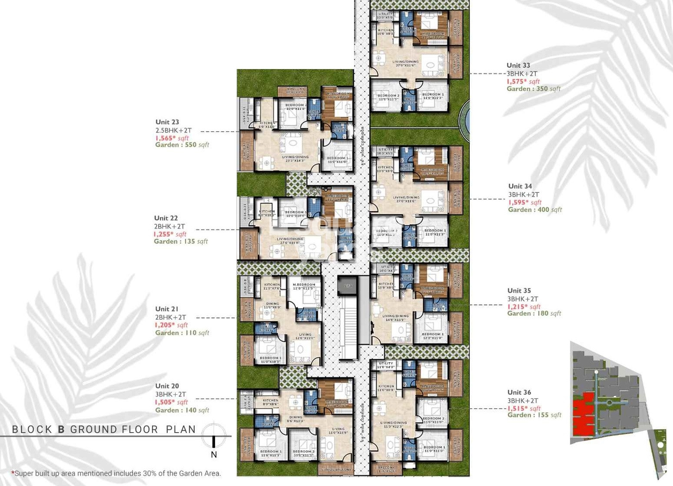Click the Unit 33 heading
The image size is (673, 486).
tap(518, 66)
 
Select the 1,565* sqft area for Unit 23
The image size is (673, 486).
tap(172, 138)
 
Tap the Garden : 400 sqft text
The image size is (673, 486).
tap(534, 210)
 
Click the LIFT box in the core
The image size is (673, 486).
tap(348, 285)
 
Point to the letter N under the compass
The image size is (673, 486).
tap(214, 455)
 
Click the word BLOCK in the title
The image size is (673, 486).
tap(32, 430)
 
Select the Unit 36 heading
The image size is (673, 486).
tap(519, 393)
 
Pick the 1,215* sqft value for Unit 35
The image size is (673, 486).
tap(524, 307)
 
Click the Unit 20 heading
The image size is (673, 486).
tap(167, 386)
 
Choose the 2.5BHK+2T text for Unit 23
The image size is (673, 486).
tap(173, 130)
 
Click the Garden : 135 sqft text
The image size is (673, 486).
tap(181, 241)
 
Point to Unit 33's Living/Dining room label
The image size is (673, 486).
tap(405, 63)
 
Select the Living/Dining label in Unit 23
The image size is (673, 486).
tap(295, 158)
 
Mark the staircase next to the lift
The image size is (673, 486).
tap(348, 326)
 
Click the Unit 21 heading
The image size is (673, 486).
tap(167, 309)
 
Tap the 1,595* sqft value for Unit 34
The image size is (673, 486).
tap(524, 202)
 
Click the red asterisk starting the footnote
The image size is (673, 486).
tap(13, 473)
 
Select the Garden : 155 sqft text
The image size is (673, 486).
tap(534, 415)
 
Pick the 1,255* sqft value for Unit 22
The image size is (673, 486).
tap(169, 234)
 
